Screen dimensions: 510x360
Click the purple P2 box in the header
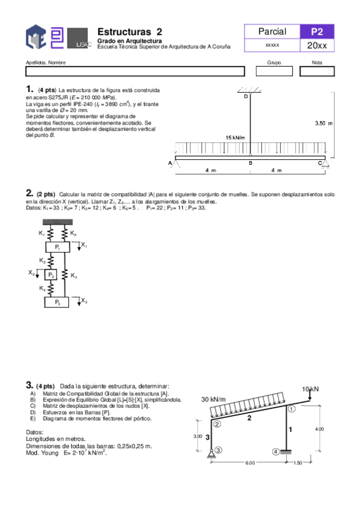click(317, 32)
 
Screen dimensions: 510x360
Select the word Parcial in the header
click(272, 32)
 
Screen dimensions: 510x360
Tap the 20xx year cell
click(317, 46)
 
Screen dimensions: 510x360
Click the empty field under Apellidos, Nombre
click(135, 72)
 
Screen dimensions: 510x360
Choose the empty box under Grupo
click(273, 72)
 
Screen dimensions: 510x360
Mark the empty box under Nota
click(317, 72)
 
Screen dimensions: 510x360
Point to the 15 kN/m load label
click(235, 138)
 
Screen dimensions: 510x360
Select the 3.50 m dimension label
click(323, 123)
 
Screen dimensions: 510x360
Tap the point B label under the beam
click(250, 163)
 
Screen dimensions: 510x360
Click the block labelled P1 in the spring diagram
click(58, 247)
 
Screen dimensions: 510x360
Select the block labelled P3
click(58, 302)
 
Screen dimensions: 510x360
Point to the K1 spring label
click(42, 233)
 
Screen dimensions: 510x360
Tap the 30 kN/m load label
click(213, 399)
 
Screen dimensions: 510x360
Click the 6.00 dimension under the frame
click(249, 463)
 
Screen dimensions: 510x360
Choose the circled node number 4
click(276, 452)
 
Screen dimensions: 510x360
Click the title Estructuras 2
click(129, 32)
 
